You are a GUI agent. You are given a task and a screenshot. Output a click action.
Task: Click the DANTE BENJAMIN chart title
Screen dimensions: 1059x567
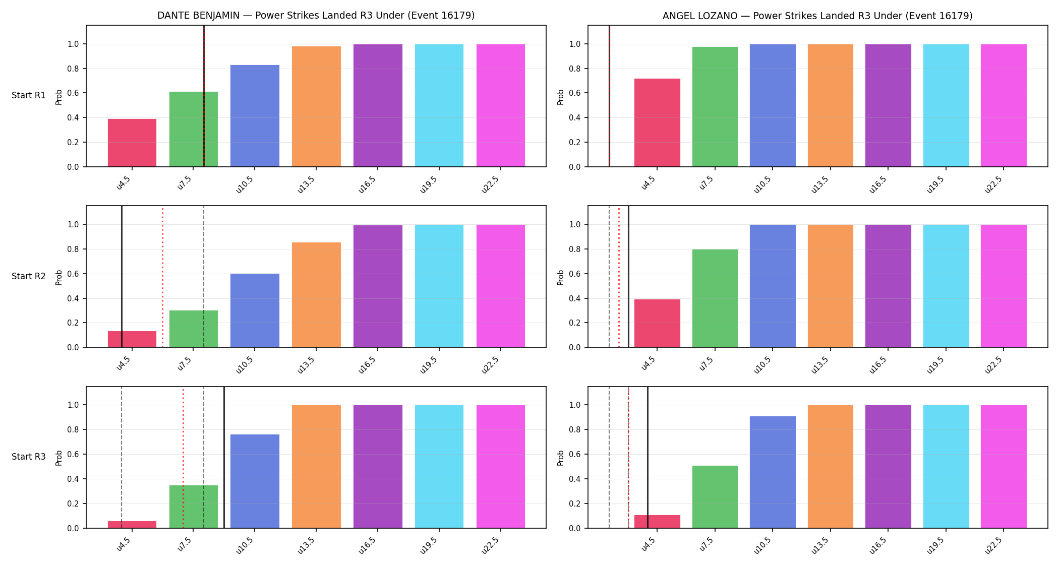coord(316,16)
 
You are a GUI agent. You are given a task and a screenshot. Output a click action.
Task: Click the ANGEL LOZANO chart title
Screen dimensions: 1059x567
coord(817,16)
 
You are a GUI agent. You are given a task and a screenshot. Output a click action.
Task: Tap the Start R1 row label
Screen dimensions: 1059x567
coord(29,95)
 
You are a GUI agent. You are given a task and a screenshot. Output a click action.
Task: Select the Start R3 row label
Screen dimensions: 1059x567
coord(29,457)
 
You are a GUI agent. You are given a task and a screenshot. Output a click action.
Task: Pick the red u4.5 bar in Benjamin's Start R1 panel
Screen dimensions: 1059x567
coord(132,143)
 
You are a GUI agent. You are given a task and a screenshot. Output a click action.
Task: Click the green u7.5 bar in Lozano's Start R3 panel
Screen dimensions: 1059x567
coord(715,497)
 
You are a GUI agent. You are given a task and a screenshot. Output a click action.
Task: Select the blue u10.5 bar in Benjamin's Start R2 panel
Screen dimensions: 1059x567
coord(255,310)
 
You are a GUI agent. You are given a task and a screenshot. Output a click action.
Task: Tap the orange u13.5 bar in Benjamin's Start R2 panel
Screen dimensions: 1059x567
coord(316,295)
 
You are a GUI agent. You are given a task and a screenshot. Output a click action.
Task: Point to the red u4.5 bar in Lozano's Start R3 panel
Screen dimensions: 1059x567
coord(657,522)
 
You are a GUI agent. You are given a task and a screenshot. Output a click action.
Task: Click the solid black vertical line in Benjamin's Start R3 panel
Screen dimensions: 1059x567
coord(224,458)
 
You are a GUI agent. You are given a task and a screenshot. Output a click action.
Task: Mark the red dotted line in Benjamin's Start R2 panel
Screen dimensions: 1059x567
coord(162,277)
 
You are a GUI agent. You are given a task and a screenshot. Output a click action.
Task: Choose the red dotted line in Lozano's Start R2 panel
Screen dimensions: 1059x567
coord(619,277)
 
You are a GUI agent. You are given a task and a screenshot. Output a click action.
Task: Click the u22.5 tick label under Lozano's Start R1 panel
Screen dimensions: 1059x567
coord(993,185)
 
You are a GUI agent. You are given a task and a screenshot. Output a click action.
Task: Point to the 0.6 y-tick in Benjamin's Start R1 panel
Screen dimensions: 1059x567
coord(73,93)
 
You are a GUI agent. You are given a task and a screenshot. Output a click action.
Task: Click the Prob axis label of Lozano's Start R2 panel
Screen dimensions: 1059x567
coord(561,277)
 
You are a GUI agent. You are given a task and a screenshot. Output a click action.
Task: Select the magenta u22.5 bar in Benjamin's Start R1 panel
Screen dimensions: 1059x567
coord(501,105)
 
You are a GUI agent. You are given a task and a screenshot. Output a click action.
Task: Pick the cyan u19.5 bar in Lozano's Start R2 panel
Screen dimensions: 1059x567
coord(946,286)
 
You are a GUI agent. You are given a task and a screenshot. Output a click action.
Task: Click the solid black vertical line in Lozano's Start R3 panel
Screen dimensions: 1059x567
coord(648,458)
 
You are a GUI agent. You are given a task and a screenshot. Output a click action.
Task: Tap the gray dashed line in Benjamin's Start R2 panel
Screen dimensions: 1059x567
coord(204,277)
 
